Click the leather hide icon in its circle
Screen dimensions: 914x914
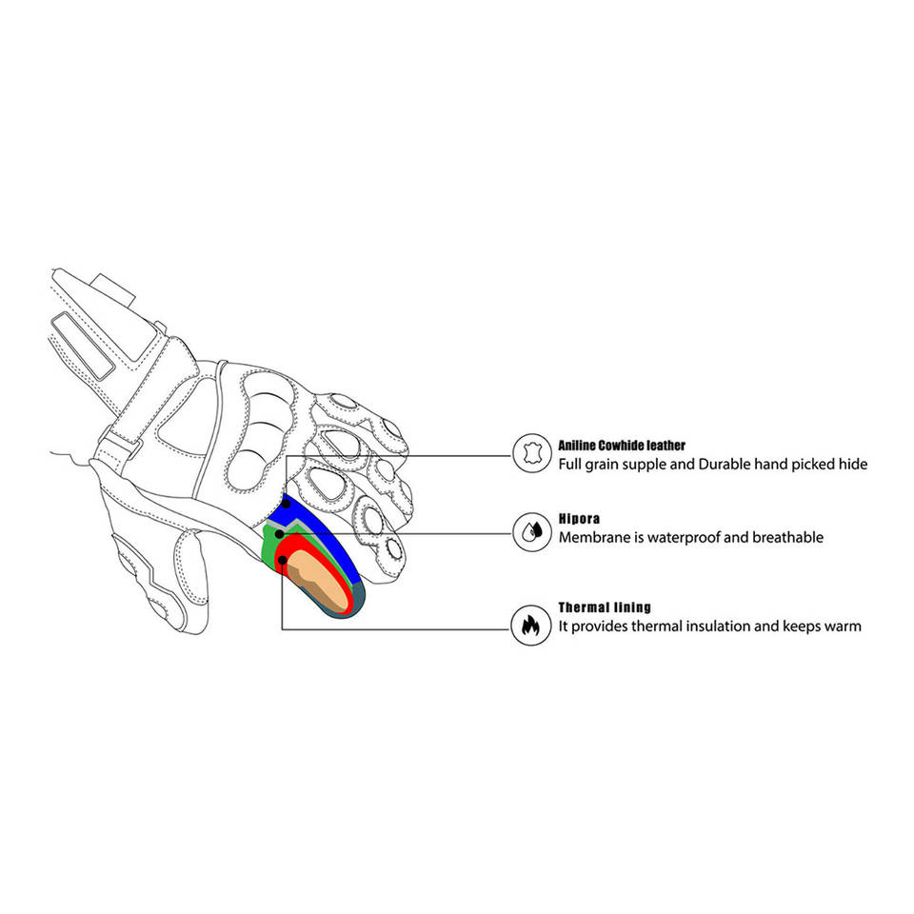coord(532,452)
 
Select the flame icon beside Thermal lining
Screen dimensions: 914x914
coord(532,625)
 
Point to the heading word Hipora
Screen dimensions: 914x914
coord(579,521)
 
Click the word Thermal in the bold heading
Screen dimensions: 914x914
coord(583,607)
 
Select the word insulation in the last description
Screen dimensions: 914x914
coord(716,626)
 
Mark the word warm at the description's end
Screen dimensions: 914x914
coord(842,626)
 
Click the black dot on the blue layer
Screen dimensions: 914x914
coord(286,502)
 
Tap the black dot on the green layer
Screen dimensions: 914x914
coord(278,534)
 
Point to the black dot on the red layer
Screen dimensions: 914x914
coord(283,559)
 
